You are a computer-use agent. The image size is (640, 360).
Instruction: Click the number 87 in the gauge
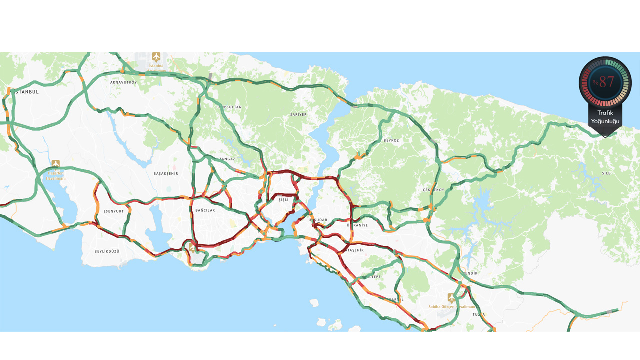tap(606, 82)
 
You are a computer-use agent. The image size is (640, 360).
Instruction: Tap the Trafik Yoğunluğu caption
tap(605, 117)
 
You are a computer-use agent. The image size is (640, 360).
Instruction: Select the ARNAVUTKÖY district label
tap(123, 82)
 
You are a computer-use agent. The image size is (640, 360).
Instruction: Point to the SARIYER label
tap(298, 115)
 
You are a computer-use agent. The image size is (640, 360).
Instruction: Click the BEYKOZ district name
tap(391, 141)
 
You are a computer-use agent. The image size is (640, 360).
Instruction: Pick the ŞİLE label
tap(606, 174)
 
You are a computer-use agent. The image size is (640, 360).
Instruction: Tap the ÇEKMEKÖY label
tap(433, 190)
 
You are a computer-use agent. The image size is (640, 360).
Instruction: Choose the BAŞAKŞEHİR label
tap(166, 174)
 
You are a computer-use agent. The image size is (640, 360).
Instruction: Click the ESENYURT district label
tap(113, 211)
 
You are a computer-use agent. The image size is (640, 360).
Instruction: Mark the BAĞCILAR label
tap(205, 210)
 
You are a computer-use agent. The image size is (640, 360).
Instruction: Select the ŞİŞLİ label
tap(284, 200)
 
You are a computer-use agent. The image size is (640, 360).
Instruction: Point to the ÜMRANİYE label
tap(357, 225)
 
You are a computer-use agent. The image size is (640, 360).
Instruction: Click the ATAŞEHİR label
tap(355, 250)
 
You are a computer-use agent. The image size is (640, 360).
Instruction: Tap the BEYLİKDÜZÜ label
tap(107, 251)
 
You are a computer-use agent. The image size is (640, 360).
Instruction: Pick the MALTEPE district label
tap(372, 276)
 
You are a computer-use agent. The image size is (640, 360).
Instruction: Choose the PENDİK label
tap(470, 273)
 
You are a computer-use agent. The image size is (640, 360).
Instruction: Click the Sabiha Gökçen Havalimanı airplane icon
tap(452, 298)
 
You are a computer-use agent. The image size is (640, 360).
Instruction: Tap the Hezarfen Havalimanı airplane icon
tap(56, 164)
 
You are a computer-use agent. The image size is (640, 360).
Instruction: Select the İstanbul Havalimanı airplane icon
tap(156, 56)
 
